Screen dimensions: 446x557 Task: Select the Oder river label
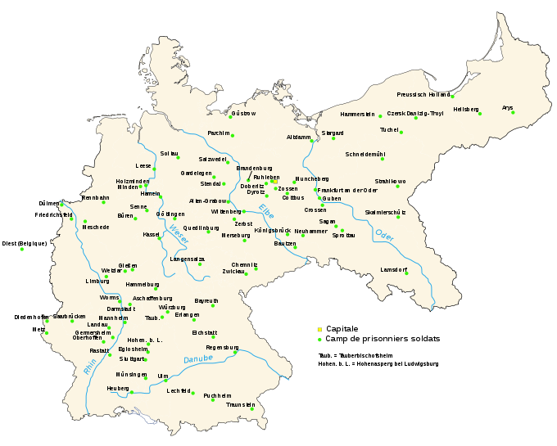coord(383,235)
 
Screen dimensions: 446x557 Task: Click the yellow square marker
coord(319,330)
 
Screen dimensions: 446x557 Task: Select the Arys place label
coord(508,107)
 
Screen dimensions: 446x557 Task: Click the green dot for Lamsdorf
coord(406,273)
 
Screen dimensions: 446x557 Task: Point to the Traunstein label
coord(241,404)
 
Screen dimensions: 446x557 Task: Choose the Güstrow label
coord(243,113)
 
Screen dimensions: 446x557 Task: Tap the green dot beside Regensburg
coord(236,353)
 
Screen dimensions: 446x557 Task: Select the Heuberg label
coord(118,388)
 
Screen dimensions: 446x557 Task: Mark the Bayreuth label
coord(206,301)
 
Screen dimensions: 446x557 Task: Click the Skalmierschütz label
coord(385,213)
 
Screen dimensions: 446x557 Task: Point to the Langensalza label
coord(188,259)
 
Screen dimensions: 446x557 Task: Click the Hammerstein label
coord(357,114)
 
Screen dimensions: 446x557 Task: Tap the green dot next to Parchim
coord(232,135)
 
